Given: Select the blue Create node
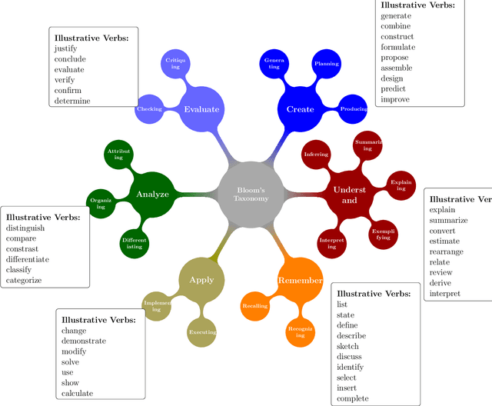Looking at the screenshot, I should [300, 109].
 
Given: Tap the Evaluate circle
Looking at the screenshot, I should [201, 109].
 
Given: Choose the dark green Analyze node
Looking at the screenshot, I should [152, 194].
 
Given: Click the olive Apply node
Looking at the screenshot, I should [201, 280].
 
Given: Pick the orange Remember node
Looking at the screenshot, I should [300, 280].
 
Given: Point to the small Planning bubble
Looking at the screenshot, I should [327, 64].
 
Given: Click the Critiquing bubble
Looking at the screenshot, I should [175, 64].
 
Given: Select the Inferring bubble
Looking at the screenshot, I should [316, 155].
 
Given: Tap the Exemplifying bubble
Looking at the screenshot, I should [382, 234].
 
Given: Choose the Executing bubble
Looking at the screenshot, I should [202, 332].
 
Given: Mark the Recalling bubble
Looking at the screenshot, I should [255, 306].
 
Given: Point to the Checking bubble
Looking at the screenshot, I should [149, 109].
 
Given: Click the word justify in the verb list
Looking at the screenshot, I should [65, 48].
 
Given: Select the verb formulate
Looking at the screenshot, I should [397, 48].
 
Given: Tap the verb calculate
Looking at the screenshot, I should [77, 393].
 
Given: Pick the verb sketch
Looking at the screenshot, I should [347, 346].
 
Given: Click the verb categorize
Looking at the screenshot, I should [24, 281].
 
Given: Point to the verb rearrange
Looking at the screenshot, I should [447, 251].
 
